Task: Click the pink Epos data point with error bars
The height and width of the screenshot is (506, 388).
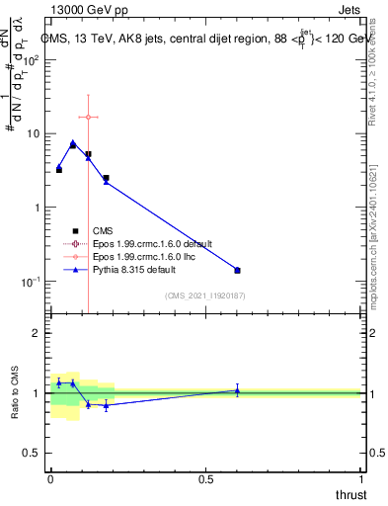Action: [x=89, y=117]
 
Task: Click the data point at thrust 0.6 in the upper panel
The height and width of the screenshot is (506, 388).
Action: [x=237, y=270]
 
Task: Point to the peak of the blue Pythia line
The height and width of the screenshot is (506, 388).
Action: [x=73, y=142]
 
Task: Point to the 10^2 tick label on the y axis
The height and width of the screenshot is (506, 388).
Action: [x=32, y=59]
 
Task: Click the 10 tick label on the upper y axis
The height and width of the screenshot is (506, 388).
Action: [x=35, y=133]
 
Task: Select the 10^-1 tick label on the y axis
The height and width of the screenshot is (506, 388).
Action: [x=32, y=282]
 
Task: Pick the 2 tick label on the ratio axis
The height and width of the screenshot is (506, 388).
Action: [x=39, y=333]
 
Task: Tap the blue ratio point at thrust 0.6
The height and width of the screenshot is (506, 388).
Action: [x=237, y=390]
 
